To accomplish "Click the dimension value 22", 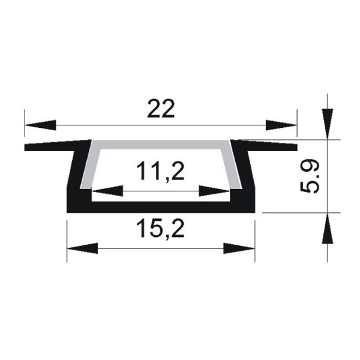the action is pos(161,109).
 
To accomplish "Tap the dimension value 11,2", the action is pos(160,170).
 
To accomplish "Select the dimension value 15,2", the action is pos(160,228).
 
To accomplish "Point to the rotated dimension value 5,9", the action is pos(310,176).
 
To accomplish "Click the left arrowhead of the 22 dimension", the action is pos(40,125).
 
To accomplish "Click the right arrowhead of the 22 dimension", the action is pos(281,125).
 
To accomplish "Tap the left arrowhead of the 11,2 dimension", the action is pos(107,191).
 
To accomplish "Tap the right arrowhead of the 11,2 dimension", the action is pos(214,191).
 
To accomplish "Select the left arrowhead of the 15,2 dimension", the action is pos(82,248).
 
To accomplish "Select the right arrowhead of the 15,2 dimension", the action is pos(239,248).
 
